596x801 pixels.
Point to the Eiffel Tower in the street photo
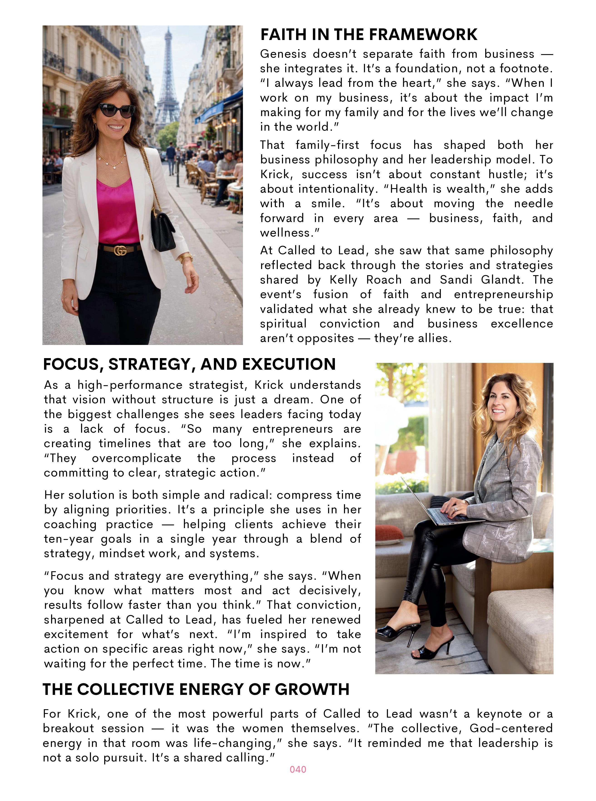167,79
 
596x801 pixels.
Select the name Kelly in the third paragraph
343,280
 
